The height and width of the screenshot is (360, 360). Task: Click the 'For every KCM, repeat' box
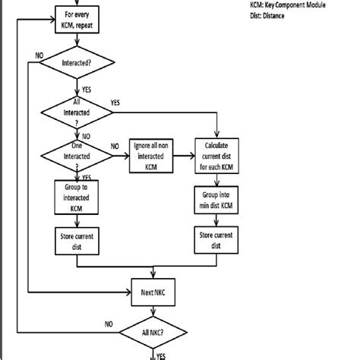click(x=77, y=17)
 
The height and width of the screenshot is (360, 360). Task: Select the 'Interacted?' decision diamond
click(x=77, y=65)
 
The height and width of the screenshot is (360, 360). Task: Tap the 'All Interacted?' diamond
click(x=77, y=112)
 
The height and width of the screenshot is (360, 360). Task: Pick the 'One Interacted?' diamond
click(x=77, y=156)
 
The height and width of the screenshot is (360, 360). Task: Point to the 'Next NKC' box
click(x=153, y=292)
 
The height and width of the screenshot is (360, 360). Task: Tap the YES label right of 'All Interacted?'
click(x=115, y=102)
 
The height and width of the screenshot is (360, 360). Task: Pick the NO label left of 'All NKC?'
click(x=108, y=323)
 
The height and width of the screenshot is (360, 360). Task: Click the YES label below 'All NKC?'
click(x=161, y=354)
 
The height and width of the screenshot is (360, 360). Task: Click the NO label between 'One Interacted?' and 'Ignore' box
click(x=115, y=146)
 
